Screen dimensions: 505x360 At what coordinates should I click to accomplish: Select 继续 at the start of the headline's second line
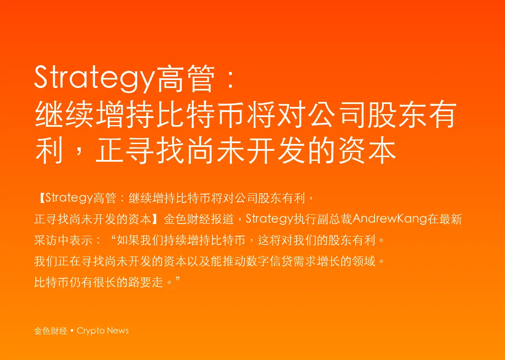(64, 114)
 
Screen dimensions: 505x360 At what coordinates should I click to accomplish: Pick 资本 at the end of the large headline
(367, 150)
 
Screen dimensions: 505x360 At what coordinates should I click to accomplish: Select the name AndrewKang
(390, 219)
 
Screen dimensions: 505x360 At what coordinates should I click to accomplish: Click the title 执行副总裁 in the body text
(323, 219)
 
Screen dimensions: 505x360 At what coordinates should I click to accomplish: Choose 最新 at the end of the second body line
(450, 219)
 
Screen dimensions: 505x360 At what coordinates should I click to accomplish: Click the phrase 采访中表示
(64, 240)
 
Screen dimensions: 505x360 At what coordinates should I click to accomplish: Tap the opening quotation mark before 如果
(113, 237)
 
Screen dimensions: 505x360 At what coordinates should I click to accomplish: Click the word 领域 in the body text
(364, 261)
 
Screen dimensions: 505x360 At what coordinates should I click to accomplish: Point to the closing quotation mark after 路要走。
(178, 280)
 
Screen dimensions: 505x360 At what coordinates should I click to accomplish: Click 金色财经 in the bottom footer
(51, 331)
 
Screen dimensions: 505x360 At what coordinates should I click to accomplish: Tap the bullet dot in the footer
(72, 331)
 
